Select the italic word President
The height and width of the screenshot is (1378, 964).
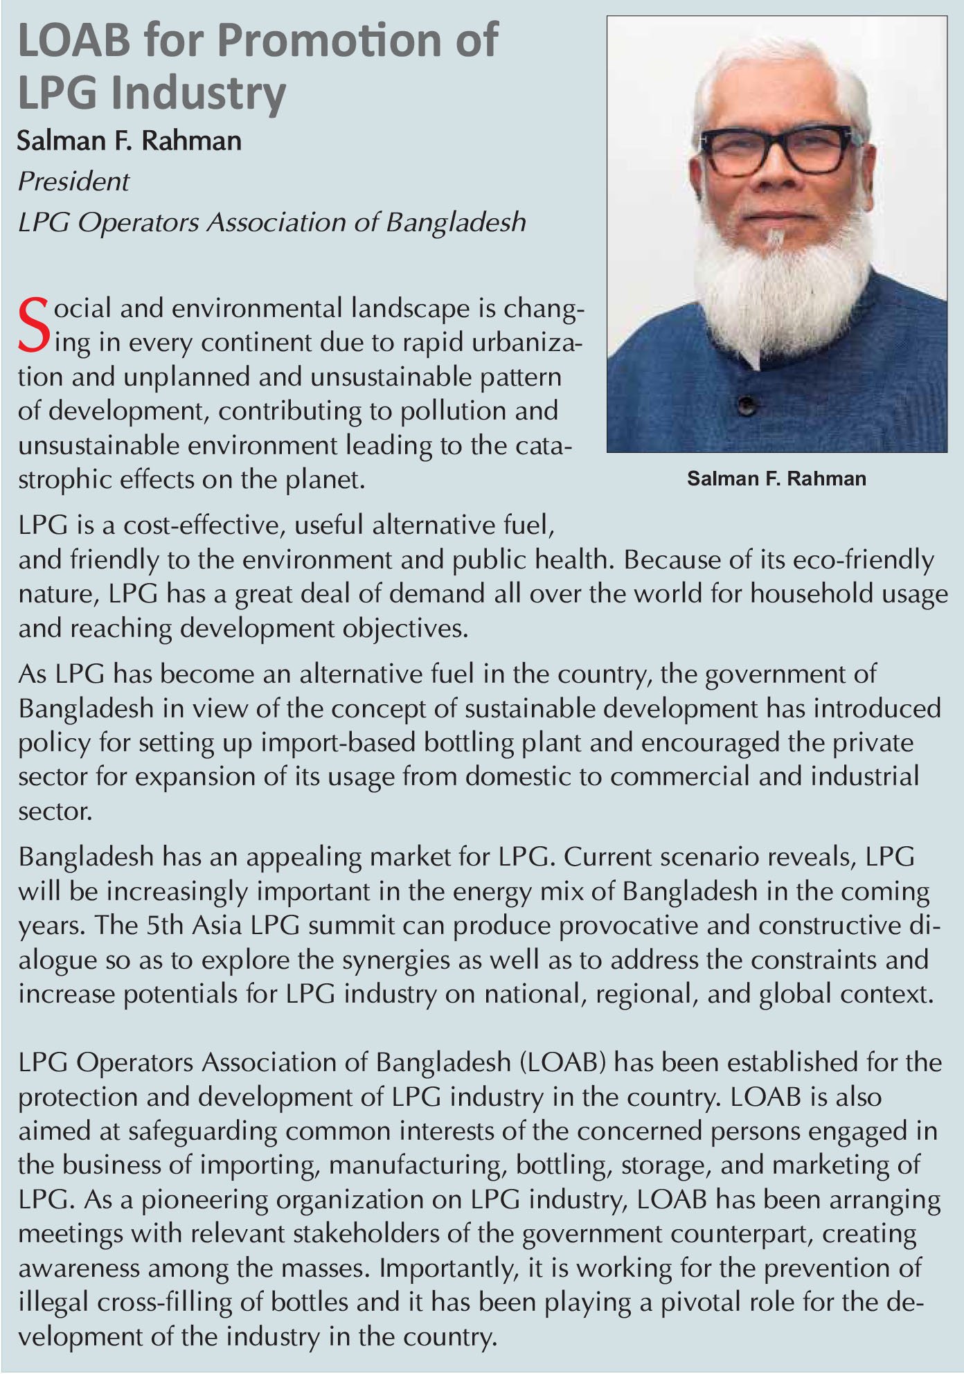(73, 181)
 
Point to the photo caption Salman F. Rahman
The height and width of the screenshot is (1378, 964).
(776, 478)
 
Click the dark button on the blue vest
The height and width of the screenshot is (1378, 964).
(746, 404)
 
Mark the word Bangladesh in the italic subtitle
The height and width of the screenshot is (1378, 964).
(455, 222)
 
